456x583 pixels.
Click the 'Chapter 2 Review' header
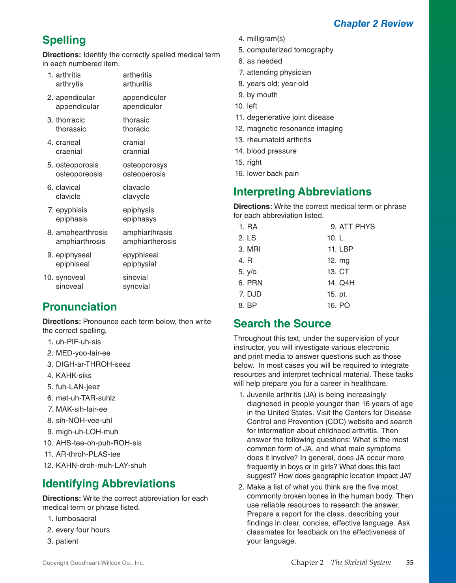click(x=373, y=24)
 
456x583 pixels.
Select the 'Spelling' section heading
click(x=64, y=40)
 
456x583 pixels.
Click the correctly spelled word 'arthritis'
click(x=68, y=75)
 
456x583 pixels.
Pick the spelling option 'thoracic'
click(x=136, y=129)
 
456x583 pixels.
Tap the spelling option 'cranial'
click(x=134, y=143)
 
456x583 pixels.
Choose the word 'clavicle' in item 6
click(x=68, y=197)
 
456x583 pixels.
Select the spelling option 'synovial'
click(x=136, y=287)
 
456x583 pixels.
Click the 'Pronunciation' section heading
click(x=80, y=307)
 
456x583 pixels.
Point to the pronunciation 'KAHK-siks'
click(x=73, y=376)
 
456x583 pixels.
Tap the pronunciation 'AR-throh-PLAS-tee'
click(x=88, y=454)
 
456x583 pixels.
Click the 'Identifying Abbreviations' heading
click(x=109, y=484)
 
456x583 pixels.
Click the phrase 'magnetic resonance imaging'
click(x=295, y=129)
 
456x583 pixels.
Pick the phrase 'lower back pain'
click(x=273, y=174)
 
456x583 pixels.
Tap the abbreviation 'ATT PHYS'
click(x=357, y=227)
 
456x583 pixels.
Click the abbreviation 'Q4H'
click(x=346, y=283)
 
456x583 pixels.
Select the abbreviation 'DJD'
click(x=254, y=294)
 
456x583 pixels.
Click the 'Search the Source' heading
click(x=282, y=324)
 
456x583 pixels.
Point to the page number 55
click(x=409, y=563)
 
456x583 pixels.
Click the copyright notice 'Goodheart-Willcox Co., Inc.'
click(x=107, y=563)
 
